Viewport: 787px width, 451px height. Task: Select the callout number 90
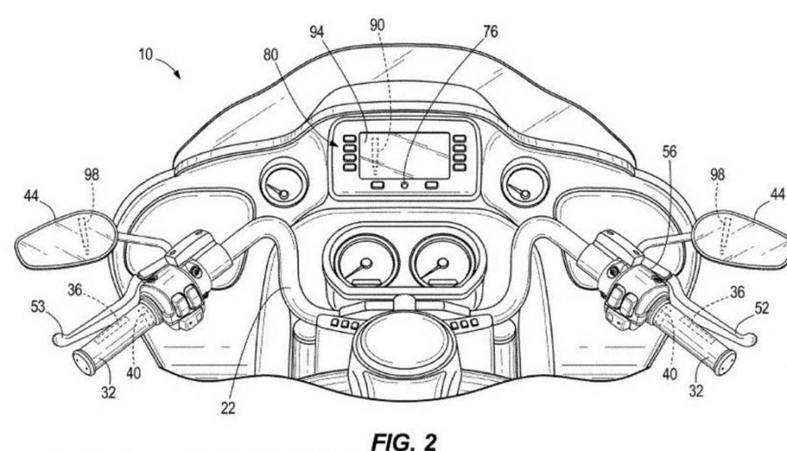[376, 24]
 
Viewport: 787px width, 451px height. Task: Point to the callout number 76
[490, 32]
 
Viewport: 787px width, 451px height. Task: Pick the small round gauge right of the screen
[523, 183]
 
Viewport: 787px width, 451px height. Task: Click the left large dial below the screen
[359, 260]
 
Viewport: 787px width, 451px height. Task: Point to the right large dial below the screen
[440, 260]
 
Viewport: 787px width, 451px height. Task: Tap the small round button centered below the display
[405, 186]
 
